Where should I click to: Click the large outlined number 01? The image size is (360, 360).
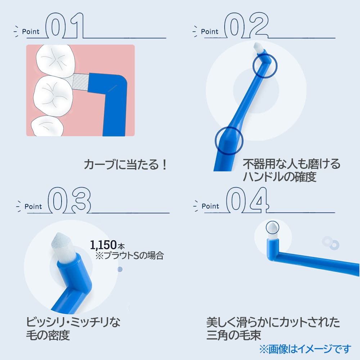tap(64, 26)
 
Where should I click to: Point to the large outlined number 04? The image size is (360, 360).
tap(247, 200)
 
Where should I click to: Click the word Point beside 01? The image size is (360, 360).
tap(31, 31)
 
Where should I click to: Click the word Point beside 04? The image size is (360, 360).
tap(210, 206)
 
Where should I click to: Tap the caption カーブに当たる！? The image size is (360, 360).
tap(126, 165)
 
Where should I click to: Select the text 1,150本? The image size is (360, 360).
tap(107, 245)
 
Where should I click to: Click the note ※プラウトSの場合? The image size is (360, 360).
tap(130, 255)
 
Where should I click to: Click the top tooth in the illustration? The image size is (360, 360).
tap(56, 60)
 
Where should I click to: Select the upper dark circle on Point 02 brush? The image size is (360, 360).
tap(265, 66)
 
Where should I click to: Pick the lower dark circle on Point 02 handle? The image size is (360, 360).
tap(229, 140)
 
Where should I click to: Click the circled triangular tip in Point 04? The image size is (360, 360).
tap(273, 228)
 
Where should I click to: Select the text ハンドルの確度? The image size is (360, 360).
tap(279, 177)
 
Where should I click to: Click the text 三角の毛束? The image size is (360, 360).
tap(234, 335)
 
